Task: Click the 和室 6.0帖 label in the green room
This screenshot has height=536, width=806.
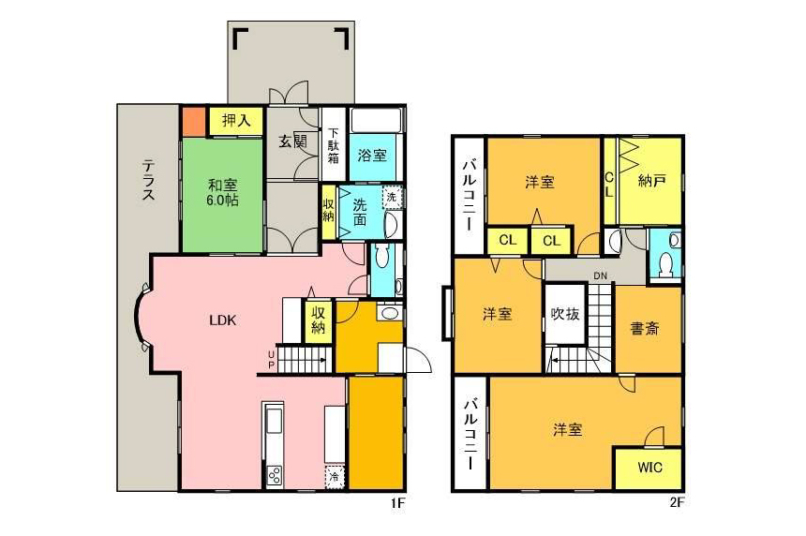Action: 222,192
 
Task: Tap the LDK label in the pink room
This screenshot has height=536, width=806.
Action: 222,320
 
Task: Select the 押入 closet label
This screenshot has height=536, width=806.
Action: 236,120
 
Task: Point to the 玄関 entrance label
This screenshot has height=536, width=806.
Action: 292,141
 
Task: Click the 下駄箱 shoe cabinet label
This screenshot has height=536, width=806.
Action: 334,145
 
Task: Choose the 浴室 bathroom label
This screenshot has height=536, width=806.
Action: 372,156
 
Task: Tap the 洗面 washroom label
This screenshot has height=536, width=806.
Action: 360,212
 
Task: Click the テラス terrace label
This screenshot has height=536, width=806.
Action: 149,179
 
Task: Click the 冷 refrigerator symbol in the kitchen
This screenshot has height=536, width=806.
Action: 335,476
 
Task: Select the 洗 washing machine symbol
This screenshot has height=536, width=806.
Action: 392,197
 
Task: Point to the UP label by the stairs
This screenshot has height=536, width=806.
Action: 271,359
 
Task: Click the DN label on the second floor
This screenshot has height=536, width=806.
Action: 601,276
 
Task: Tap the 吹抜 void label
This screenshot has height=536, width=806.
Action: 565,314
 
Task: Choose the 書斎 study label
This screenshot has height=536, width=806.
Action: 645,328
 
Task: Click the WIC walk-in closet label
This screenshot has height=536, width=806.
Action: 649,468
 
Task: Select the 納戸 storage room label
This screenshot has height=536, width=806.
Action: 651,180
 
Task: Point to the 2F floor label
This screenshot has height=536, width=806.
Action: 677,502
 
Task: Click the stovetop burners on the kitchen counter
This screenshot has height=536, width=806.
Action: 274,475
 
